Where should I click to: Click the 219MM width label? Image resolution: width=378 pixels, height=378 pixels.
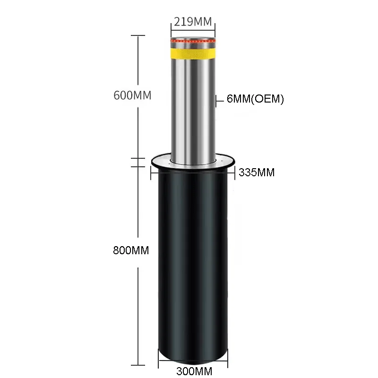click(x=192, y=22)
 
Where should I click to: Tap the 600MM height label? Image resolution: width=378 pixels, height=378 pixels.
click(x=132, y=95)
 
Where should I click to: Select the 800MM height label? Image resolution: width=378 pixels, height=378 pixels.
click(x=131, y=251)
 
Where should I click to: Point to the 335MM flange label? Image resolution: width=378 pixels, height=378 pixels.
click(x=257, y=172)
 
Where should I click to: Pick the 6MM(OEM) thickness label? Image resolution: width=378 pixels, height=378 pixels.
click(x=255, y=99)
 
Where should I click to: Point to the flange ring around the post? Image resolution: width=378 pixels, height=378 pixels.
click(x=192, y=163)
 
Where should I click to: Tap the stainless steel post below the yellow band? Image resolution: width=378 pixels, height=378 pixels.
click(x=192, y=109)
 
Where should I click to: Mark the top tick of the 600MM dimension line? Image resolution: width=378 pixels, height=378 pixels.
click(x=137, y=35)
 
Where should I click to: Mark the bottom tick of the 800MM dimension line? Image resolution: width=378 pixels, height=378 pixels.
click(x=137, y=365)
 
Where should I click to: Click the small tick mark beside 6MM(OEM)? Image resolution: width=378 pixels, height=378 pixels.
click(x=216, y=100)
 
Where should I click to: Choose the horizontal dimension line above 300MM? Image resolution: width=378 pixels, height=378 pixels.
click(x=193, y=363)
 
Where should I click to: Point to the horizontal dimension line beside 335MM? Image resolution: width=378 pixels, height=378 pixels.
click(x=192, y=172)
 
